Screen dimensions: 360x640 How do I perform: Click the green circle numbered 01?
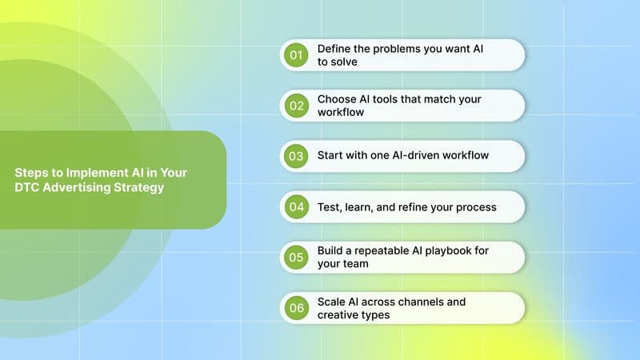297,55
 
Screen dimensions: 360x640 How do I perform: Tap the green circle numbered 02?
297,106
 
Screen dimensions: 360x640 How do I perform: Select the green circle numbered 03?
297,156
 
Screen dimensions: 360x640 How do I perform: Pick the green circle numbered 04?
297,207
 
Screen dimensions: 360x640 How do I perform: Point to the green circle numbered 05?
297,258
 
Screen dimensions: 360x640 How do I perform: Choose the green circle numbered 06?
297,308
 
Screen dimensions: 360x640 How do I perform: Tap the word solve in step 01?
347,62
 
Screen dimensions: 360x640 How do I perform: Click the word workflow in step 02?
341,113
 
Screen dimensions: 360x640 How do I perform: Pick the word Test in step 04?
329,207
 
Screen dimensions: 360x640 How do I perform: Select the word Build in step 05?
331,251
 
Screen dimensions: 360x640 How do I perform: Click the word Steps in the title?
30,172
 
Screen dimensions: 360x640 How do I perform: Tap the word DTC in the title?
27,187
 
